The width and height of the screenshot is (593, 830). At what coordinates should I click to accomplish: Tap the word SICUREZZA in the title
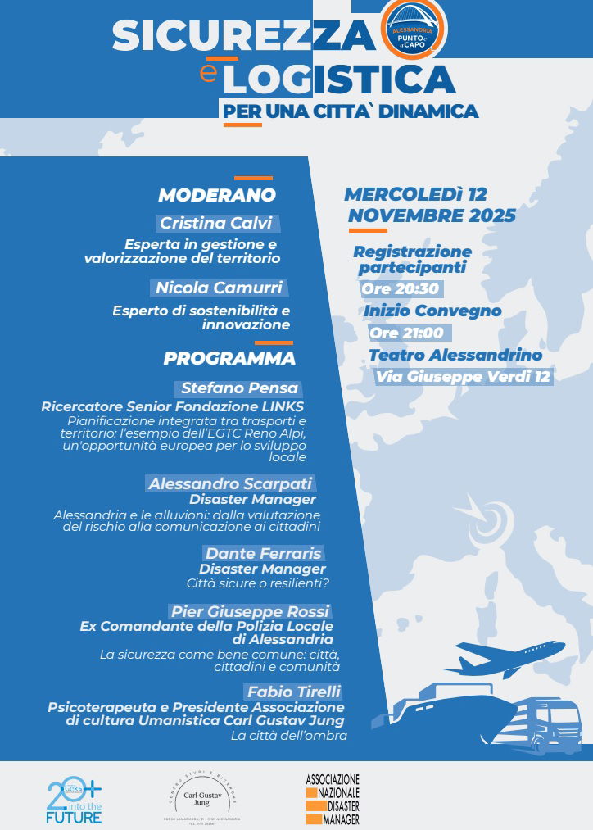(x=242, y=35)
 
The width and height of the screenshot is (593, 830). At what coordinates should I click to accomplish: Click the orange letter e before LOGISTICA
(x=209, y=73)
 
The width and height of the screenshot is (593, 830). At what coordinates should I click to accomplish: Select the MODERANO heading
(x=217, y=195)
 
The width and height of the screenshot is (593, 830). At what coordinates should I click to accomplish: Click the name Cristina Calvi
(x=216, y=223)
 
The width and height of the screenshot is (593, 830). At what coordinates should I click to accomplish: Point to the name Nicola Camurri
(x=220, y=288)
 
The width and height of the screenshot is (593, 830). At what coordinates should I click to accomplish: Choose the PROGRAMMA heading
(x=229, y=358)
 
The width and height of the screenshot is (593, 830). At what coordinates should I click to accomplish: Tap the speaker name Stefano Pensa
(x=239, y=388)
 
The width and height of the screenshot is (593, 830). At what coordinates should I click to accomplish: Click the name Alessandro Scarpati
(x=231, y=483)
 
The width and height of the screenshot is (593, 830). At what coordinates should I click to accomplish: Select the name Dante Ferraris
(x=264, y=553)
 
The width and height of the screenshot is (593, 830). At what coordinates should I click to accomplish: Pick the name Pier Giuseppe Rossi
(x=250, y=611)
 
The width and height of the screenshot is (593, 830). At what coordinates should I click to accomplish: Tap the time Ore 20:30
(x=400, y=289)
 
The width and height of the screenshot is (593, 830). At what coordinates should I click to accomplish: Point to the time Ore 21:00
(x=406, y=333)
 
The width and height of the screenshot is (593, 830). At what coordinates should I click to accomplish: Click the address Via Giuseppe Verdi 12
(x=463, y=377)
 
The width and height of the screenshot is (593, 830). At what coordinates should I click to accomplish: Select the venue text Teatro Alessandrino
(x=455, y=355)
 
